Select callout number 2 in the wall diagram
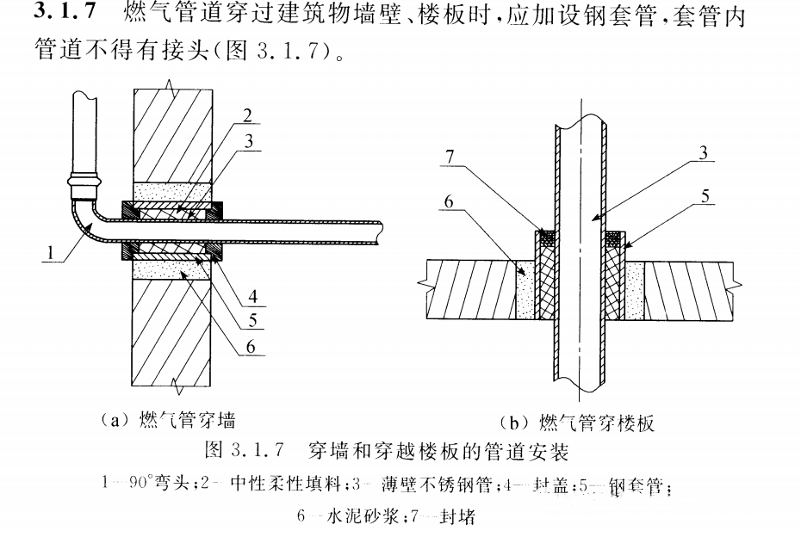coord(247,115)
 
